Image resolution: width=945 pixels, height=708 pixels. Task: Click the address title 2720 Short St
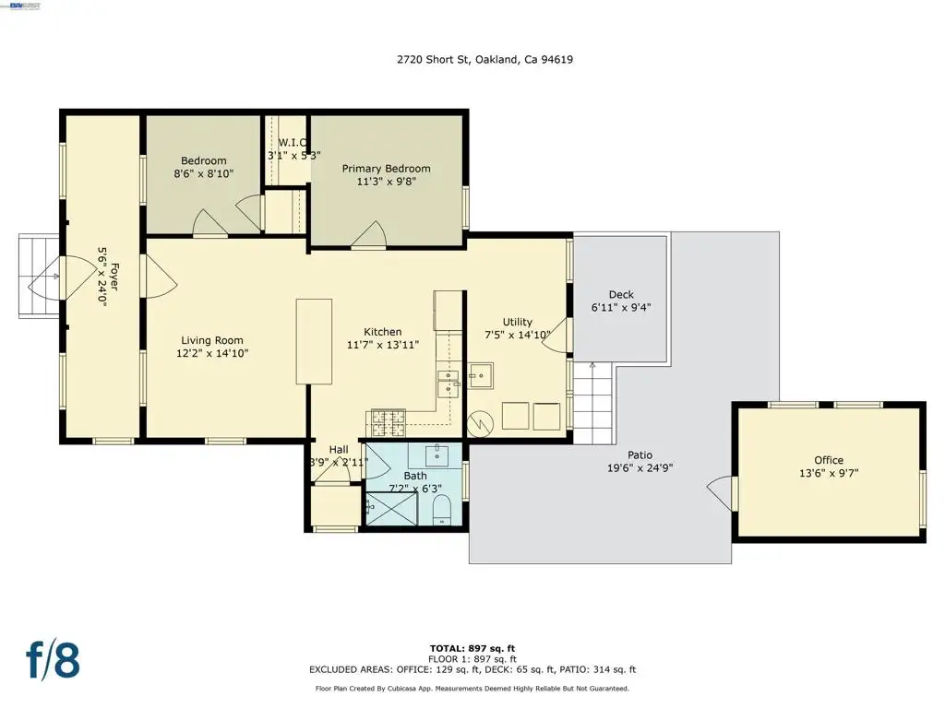pos(433,59)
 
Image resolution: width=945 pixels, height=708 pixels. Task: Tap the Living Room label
pos(212,340)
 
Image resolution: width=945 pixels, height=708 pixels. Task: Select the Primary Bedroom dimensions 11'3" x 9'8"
pos(387,182)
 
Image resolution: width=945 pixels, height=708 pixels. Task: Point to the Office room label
pos(829,460)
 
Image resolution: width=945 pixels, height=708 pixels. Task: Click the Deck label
pos(621,294)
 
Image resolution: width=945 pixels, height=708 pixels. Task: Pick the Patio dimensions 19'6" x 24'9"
pos(640,467)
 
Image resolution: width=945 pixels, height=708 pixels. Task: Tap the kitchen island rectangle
pos(314,341)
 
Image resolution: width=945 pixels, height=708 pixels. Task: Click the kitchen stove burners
pos(389,422)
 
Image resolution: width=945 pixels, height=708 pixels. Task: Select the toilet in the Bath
pos(442,510)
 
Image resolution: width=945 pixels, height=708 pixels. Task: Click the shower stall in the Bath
pos(391,509)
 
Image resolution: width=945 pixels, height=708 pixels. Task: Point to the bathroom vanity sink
pos(436,454)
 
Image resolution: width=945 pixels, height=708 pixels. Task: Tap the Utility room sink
pos(481,376)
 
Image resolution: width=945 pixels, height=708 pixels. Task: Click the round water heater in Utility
pos(480,424)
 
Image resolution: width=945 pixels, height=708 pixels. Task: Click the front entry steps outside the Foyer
pos(39,276)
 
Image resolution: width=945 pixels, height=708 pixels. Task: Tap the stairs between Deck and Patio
pos(592,403)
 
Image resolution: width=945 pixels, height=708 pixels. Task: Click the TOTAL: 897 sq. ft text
pos(472,648)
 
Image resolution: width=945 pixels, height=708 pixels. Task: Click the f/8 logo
pos(53,660)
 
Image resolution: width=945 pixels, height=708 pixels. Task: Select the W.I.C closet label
pos(293,143)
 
